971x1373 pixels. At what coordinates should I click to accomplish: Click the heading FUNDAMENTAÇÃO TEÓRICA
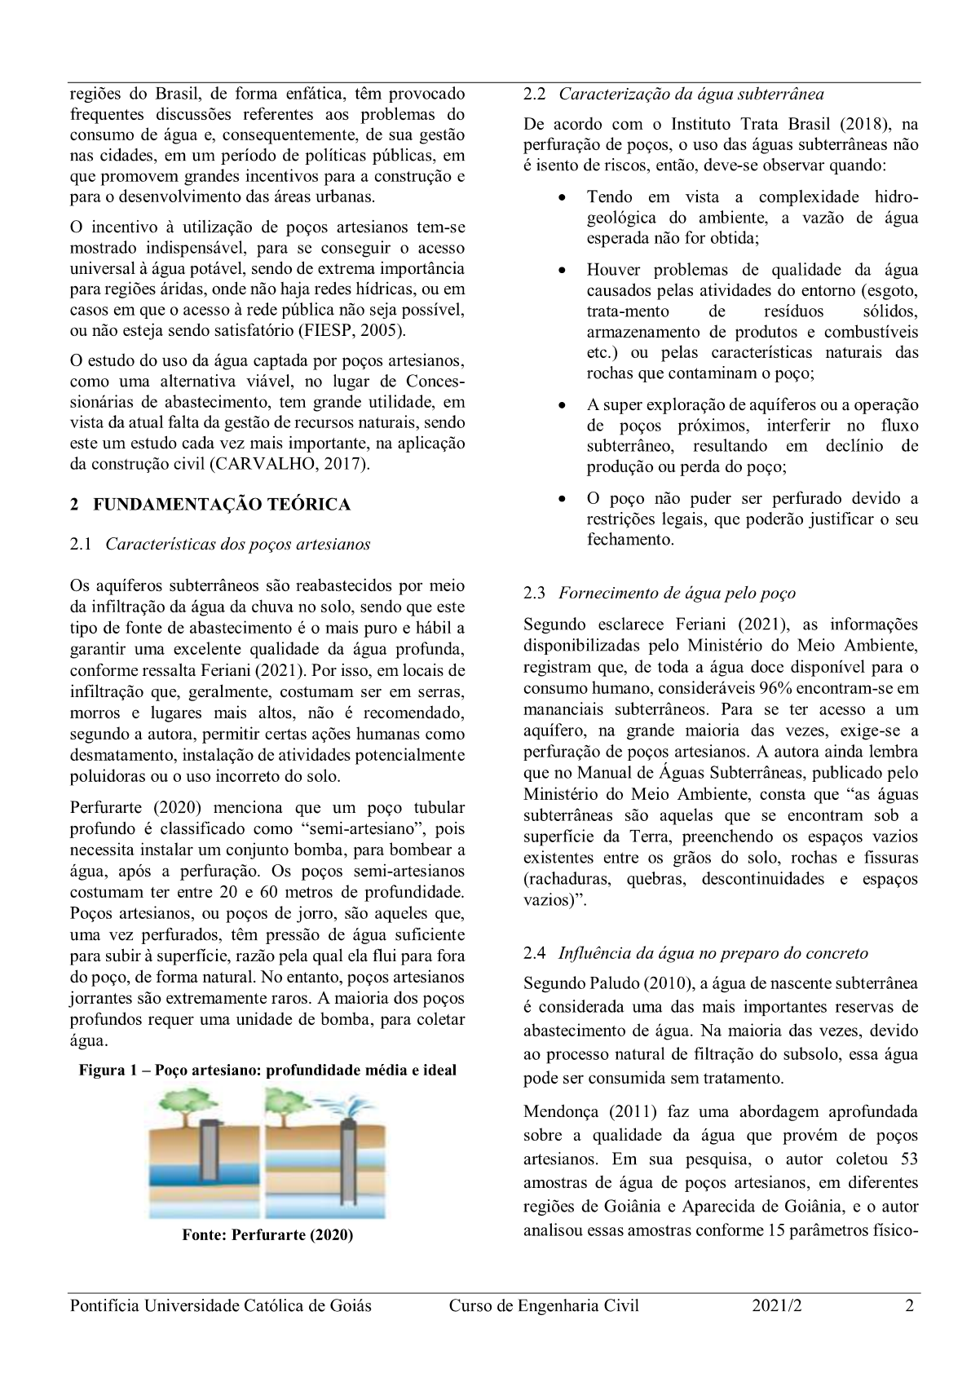222,505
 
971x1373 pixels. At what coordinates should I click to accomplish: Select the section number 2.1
82,545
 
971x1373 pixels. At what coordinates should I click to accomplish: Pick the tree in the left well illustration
183,1105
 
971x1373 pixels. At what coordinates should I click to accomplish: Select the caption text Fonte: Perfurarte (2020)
267,1235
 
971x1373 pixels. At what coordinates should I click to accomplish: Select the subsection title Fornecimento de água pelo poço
677,594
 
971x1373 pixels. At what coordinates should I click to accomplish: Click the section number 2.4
534,953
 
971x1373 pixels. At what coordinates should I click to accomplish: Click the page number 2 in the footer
909,1306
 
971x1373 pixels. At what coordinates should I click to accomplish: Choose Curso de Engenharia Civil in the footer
544,1306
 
